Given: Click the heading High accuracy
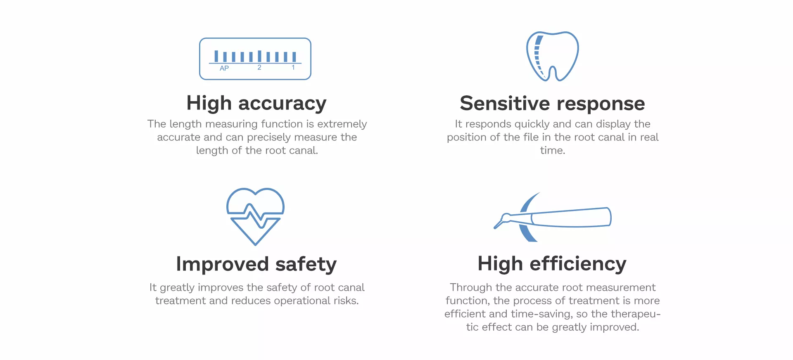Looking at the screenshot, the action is click(256, 103).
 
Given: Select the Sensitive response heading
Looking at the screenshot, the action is click(552, 103).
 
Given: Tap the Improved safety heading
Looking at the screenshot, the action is click(256, 264).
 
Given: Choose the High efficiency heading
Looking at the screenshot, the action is click(552, 264).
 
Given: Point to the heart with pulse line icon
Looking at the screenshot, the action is click(255, 216).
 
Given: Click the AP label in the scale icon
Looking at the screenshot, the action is click(224, 68).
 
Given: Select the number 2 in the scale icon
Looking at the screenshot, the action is click(259, 67).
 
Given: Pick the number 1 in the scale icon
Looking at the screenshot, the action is click(293, 67).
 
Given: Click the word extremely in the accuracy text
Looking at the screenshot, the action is click(342, 124).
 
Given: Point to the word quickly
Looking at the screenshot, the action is click(531, 124).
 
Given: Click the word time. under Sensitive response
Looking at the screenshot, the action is click(553, 151).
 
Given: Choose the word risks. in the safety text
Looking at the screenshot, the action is click(346, 301).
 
